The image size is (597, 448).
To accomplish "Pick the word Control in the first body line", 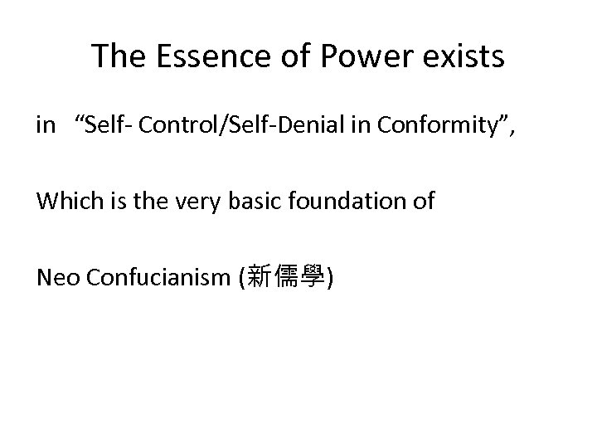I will [x=170, y=125].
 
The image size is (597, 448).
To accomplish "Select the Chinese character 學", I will [x=313, y=277].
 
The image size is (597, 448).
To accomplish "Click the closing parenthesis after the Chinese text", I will [x=331, y=277].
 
